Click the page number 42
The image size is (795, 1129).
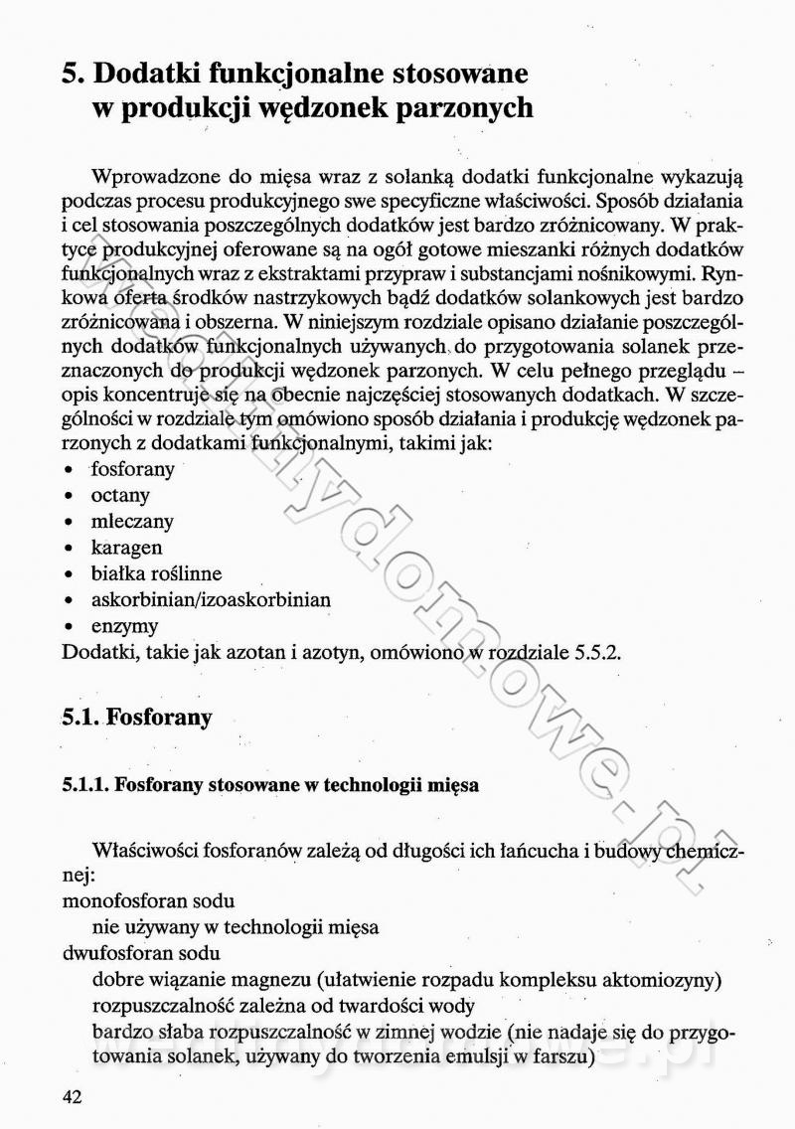pyautogui.click(x=71, y=1097)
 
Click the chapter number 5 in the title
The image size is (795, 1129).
pyautogui.click(x=70, y=74)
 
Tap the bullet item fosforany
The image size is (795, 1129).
pyautogui.click(x=133, y=468)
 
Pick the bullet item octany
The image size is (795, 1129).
pyautogui.click(x=120, y=495)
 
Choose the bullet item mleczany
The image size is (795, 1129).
pyautogui.click(x=132, y=521)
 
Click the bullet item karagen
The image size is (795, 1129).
pyautogui.click(x=126, y=548)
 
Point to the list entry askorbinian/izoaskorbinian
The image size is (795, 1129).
pyautogui.click(x=211, y=600)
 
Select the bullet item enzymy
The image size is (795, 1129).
pyautogui.click(x=124, y=626)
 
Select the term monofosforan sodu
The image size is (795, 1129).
pyautogui.click(x=148, y=901)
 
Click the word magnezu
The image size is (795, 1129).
pyautogui.click(x=268, y=980)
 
